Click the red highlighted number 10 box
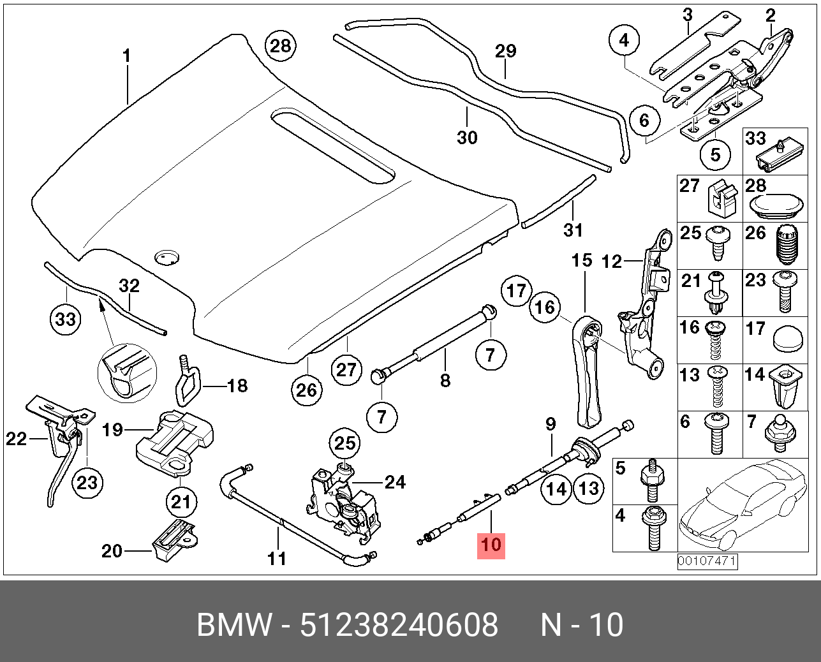[x=491, y=545]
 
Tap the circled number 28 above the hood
[x=280, y=46]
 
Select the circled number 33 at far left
[x=66, y=318]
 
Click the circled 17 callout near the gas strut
[x=516, y=291]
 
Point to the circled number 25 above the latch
[x=344, y=443]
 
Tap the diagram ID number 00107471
[x=707, y=562]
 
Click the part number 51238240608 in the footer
[x=399, y=625]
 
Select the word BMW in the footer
[x=234, y=625]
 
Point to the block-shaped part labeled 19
[x=174, y=440]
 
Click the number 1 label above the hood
[x=126, y=56]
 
